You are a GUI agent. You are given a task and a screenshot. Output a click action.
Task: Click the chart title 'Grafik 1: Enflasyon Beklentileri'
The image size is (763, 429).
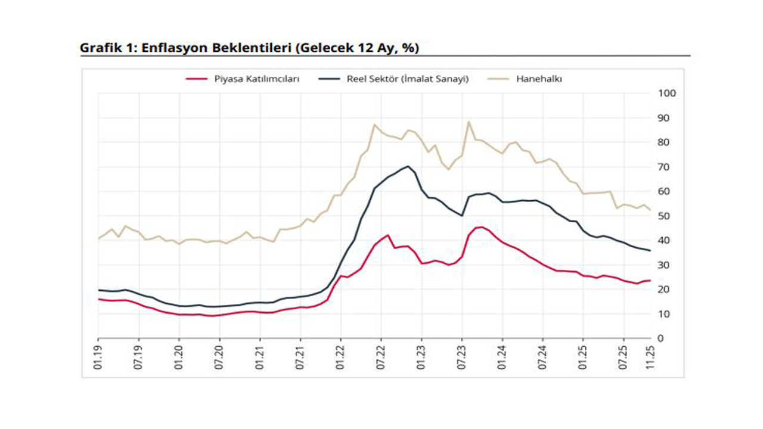point(249,48)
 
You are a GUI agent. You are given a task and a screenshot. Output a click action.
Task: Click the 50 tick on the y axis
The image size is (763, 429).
point(663,216)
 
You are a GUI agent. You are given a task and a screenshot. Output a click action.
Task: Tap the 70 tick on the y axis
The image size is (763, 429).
point(663,167)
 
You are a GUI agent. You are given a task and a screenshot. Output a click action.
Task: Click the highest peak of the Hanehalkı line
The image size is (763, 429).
point(469,122)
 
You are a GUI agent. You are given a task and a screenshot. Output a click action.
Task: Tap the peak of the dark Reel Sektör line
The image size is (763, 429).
point(408,166)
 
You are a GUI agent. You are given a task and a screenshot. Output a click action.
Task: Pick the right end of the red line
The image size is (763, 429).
point(650,281)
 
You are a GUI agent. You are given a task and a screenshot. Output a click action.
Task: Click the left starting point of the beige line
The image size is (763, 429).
point(98,238)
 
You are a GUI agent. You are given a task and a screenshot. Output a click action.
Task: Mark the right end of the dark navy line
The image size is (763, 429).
point(650,250)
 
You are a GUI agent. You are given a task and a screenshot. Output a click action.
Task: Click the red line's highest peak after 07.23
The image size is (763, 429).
point(482,227)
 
